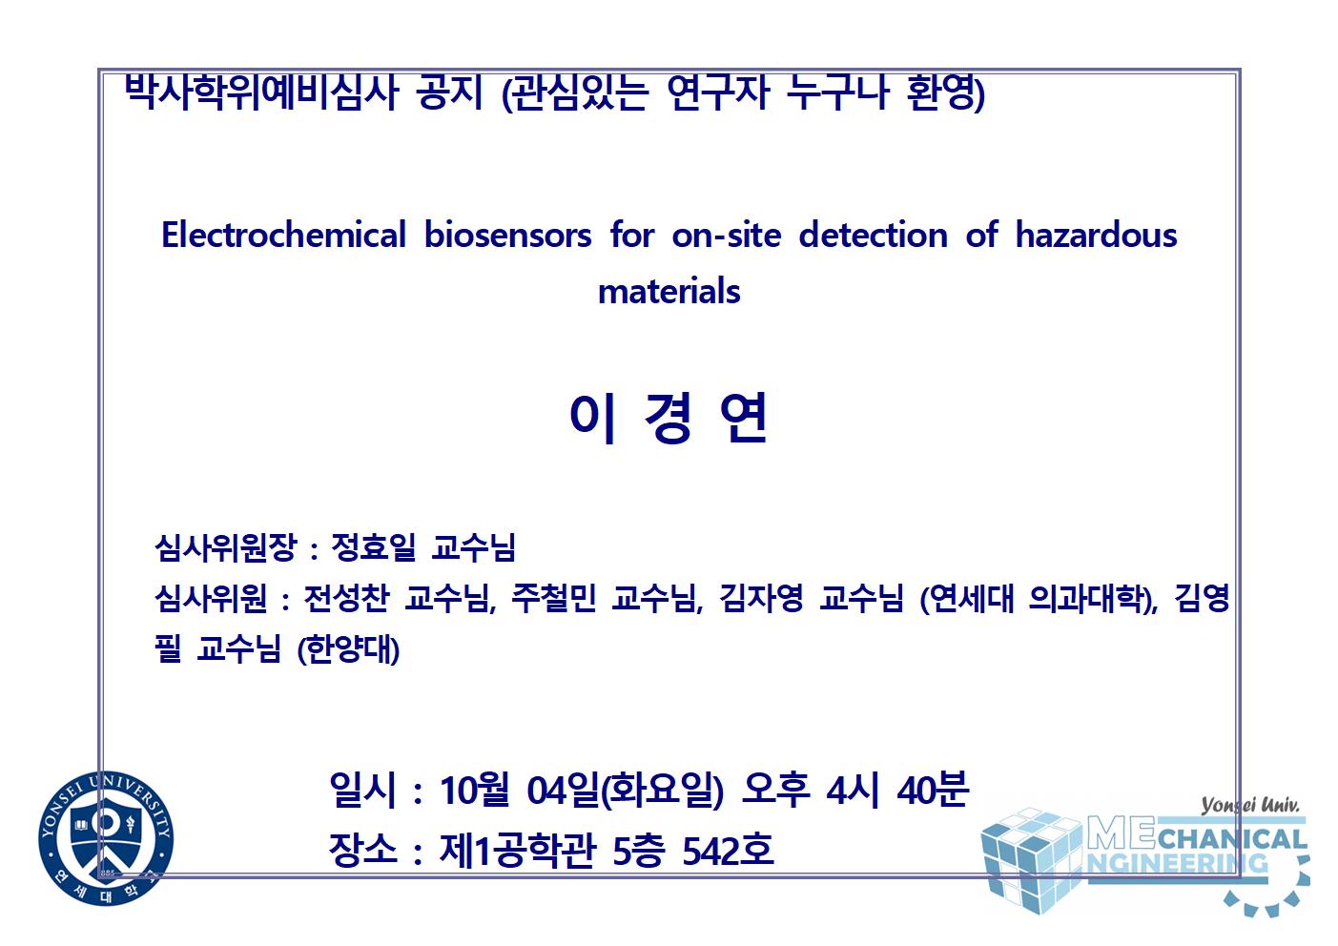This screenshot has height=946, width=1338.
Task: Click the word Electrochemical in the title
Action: pos(283,234)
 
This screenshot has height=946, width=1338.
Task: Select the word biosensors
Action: pos(507,234)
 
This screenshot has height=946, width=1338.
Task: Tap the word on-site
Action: pos(727,234)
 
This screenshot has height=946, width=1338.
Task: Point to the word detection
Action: pos(873,234)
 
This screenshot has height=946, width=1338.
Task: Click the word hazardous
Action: pos(1096,234)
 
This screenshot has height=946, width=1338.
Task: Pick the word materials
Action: pos(669,291)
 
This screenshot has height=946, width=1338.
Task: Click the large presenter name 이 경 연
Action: pos(669,418)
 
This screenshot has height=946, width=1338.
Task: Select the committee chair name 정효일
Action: pos(373,546)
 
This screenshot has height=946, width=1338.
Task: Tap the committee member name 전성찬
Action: pos(346,598)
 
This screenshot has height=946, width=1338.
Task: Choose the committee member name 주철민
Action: pos(554,598)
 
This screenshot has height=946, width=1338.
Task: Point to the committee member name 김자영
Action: pos(761,598)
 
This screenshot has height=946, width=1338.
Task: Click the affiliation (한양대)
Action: pos(348,649)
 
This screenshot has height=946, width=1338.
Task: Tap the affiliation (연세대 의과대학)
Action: pos(1038,598)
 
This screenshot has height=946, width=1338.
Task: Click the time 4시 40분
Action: pos(897,790)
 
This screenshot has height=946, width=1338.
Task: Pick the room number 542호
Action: pos(729,850)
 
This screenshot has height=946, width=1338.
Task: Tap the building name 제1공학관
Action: pos(517,850)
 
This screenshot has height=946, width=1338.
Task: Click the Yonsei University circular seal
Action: pos(106,838)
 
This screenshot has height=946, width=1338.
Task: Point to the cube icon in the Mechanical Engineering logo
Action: pos(1032,860)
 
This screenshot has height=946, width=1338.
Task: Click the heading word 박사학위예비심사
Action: pos(261,93)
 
